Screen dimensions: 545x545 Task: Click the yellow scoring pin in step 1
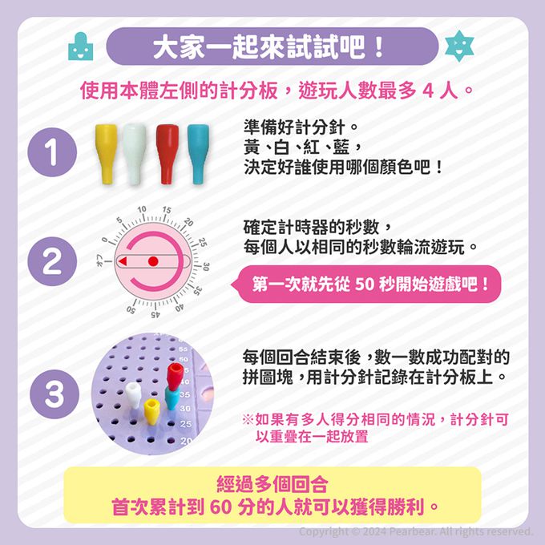[x=106, y=153]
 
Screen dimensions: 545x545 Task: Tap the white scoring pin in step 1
[x=134, y=154]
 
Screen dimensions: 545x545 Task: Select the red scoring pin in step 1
[x=168, y=154]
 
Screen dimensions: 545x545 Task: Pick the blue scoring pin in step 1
[x=199, y=154]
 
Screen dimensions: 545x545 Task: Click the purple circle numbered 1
[x=52, y=152]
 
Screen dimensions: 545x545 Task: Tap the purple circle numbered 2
[x=52, y=261]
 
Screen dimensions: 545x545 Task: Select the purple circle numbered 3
[x=54, y=394]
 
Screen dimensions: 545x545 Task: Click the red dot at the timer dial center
[x=153, y=261]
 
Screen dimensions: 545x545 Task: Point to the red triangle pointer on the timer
[x=123, y=261]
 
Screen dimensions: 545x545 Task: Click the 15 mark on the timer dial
[x=167, y=210]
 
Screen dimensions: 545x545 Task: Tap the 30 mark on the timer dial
[x=206, y=267]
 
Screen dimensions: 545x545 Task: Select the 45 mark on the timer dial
[x=155, y=314]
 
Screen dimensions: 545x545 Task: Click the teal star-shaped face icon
[x=459, y=46]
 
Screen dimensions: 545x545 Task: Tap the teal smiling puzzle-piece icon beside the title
[x=81, y=46]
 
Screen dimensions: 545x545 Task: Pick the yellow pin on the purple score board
[x=151, y=411]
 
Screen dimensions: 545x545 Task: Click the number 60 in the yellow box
[x=220, y=507]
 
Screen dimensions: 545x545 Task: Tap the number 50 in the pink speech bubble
[x=364, y=284]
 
